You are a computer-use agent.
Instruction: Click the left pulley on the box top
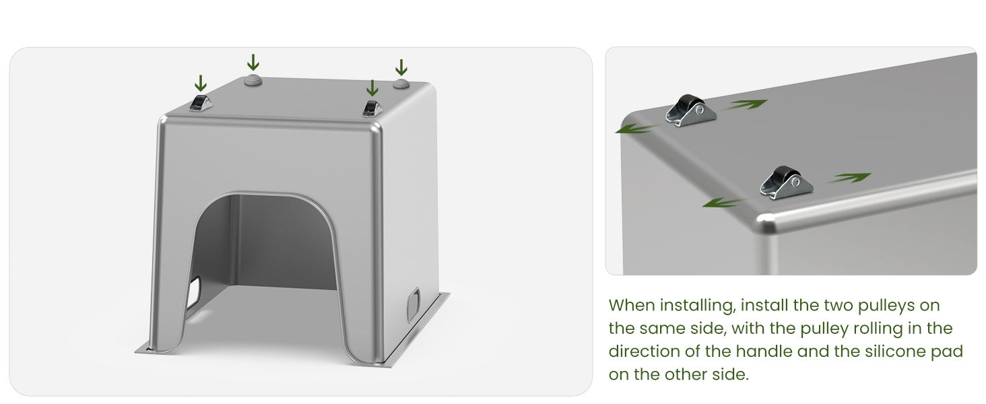[x=201, y=103]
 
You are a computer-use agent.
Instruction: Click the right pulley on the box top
[x=372, y=108]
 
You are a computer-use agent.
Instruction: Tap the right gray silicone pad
[x=401, y=83]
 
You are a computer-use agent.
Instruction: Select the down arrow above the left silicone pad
[x=253, y=62]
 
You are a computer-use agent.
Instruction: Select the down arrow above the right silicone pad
[x=401, y=67]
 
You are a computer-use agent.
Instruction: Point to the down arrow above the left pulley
[x=200, y=83]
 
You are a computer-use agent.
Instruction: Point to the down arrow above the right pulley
[x=372, y=88]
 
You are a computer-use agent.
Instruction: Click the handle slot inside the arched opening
[x=194, y=293]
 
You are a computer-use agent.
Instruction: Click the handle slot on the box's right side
[x=414, y=304]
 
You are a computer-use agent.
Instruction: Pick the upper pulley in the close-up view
[x=690, y=110]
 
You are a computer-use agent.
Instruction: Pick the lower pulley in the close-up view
[x=786, y=182]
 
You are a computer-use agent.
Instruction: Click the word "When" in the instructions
[x=632, y=305]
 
